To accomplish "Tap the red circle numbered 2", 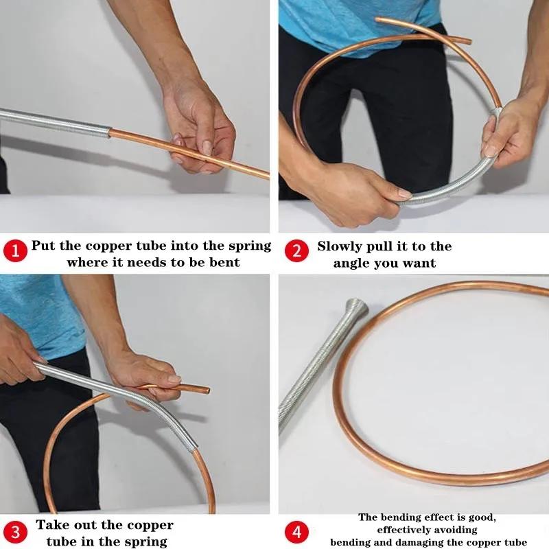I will [x=296, y=251].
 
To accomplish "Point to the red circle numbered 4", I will [x=296, y=531].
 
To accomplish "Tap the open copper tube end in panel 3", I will [x=205, y=390].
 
